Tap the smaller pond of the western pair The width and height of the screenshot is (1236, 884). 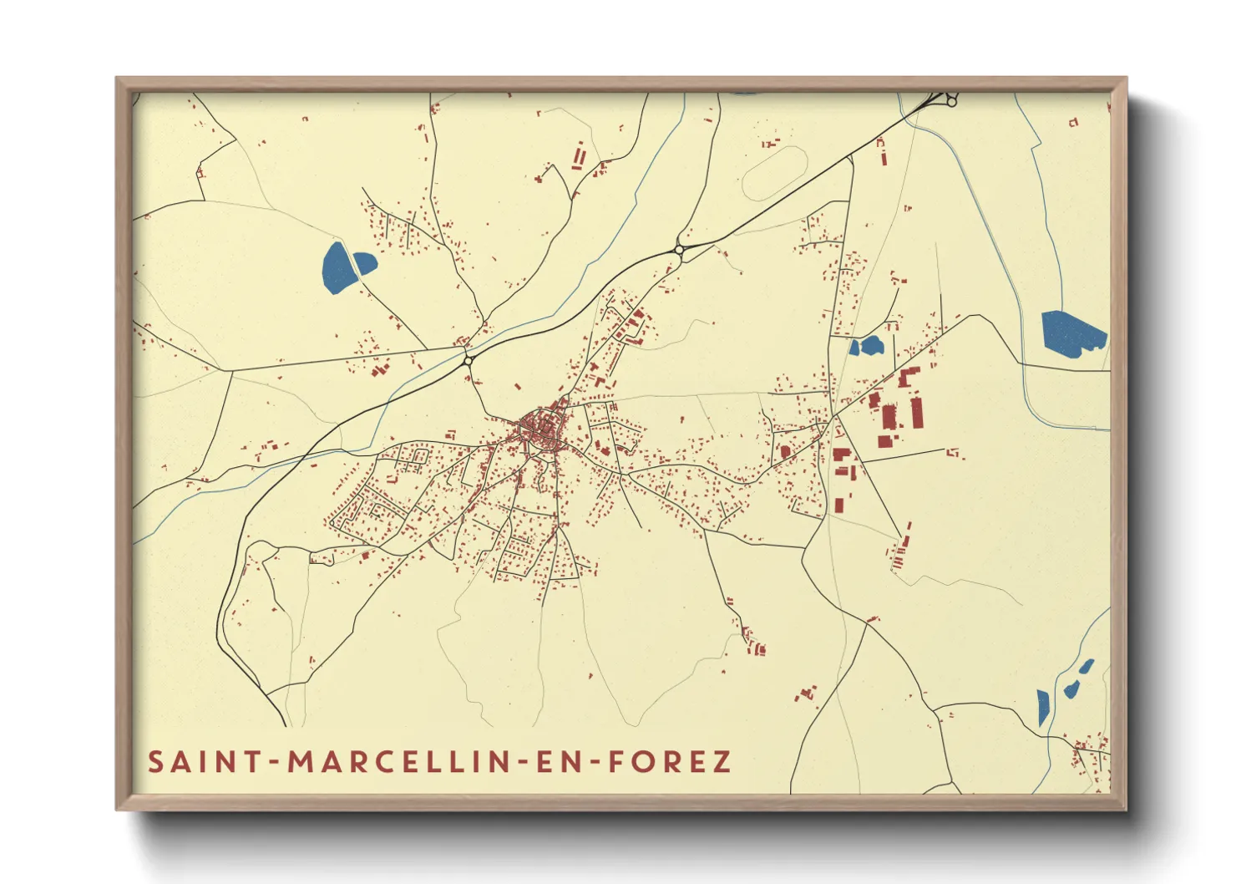pos(365,262)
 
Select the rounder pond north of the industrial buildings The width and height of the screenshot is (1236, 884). pos(872,344)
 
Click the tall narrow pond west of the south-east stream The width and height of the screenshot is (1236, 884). pos(1042,707)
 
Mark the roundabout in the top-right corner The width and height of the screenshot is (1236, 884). pos(951,101)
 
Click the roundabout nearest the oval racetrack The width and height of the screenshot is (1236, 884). pos(680,249)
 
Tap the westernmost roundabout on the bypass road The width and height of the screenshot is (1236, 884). pos(469,360)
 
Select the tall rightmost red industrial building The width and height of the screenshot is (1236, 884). pos(916,412)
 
